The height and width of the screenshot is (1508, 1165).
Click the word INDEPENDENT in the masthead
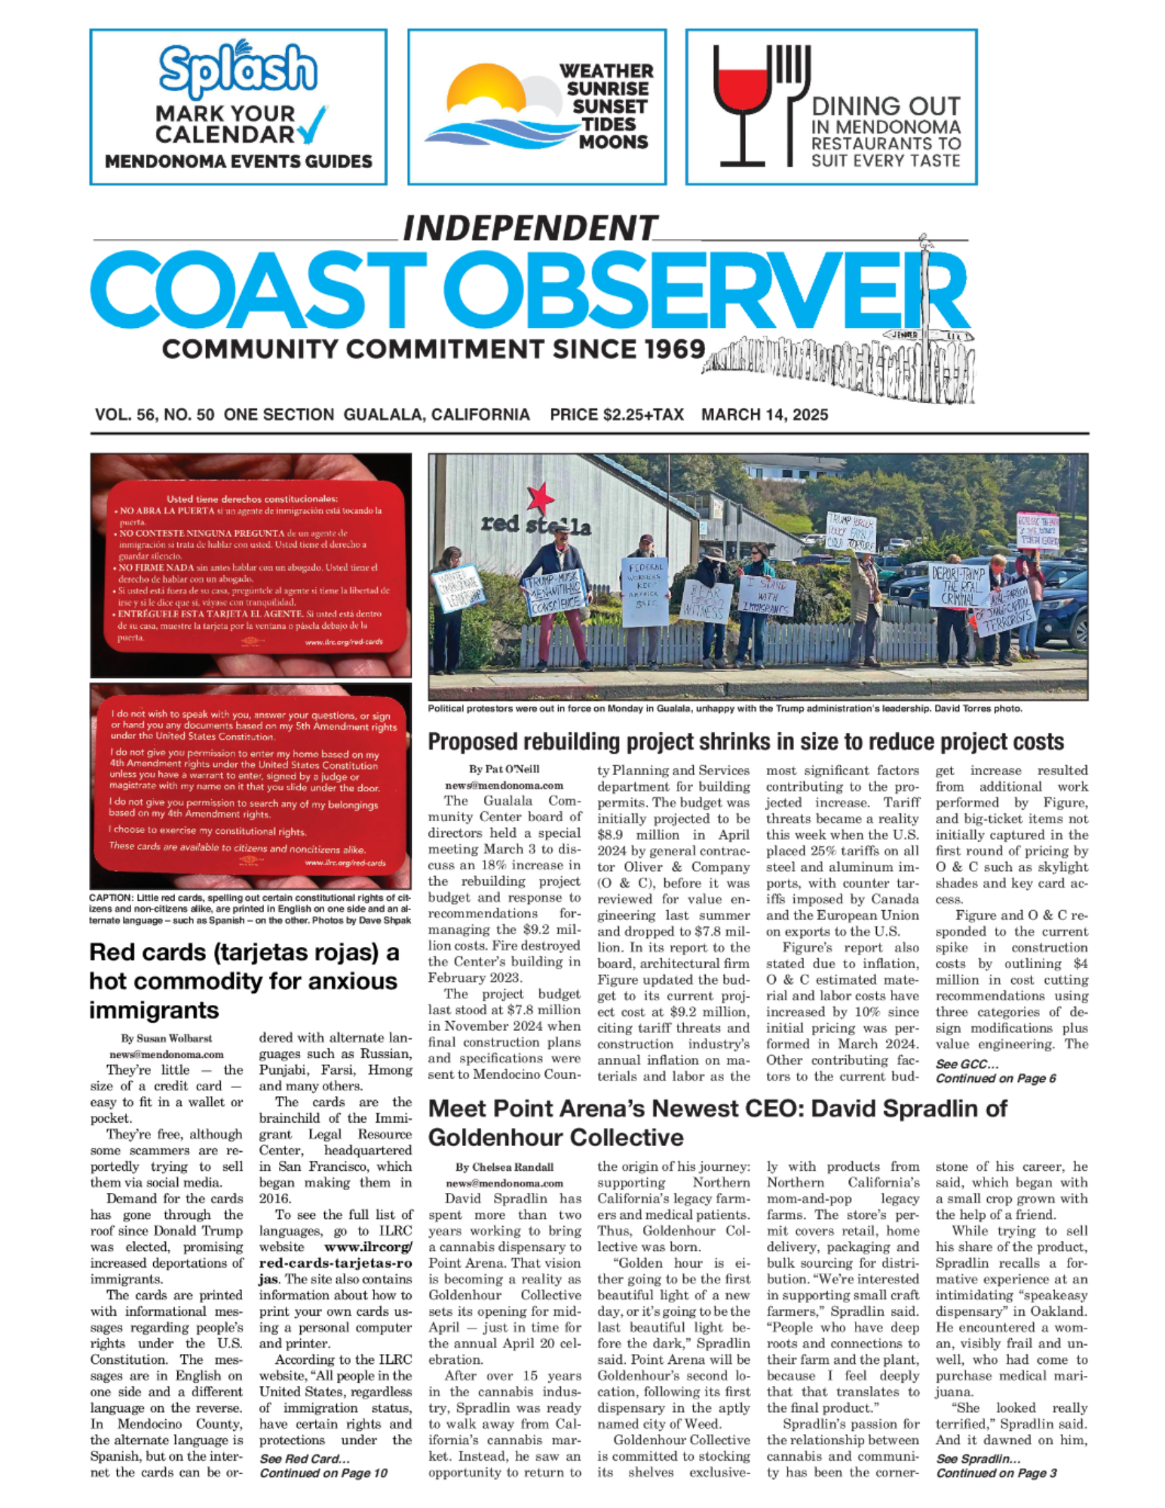click(530, 228)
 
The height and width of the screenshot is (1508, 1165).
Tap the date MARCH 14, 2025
click(764, 415)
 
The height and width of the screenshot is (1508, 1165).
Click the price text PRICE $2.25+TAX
click(616, 415)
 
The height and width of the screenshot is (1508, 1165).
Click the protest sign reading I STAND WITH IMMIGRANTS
click(765, 596)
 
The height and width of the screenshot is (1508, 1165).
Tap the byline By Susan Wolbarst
click(166, 1038)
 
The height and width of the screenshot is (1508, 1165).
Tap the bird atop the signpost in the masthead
click(925, 243)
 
